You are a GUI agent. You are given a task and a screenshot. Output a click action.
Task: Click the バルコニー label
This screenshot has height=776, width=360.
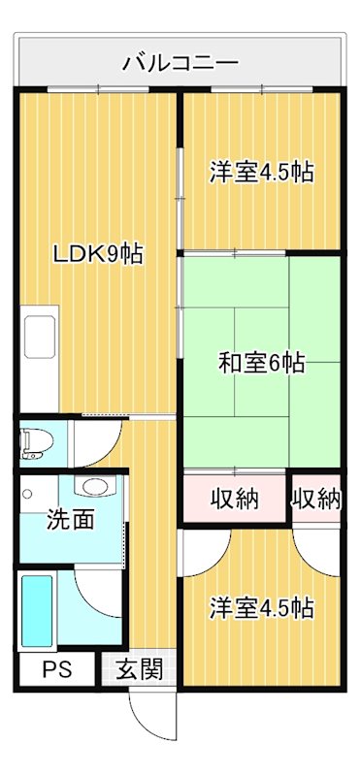point(180,64)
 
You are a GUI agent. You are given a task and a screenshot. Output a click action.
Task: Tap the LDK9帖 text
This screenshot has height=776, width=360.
point(98,254)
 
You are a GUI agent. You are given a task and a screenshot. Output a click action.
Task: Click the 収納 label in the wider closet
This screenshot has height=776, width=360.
point(235,500)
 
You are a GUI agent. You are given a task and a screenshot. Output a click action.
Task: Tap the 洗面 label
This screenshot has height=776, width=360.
point(71,519)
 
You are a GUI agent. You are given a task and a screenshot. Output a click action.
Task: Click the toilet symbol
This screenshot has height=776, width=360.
point(36,442)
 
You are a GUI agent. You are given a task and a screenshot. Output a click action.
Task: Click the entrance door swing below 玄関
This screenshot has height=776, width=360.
point(150,713)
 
